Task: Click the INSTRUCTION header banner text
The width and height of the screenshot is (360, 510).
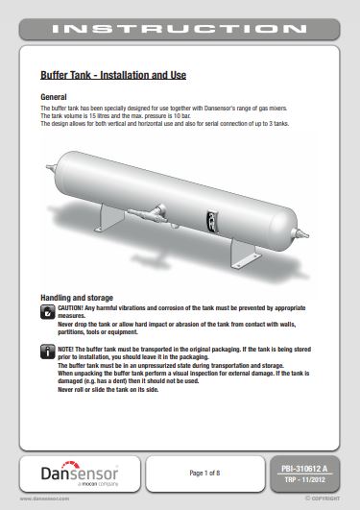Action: point(180,29)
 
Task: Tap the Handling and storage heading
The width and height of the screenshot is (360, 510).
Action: point(77,298)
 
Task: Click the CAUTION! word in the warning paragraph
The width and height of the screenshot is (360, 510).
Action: point(75,308)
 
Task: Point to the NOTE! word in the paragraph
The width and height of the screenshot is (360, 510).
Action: point(69,348)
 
